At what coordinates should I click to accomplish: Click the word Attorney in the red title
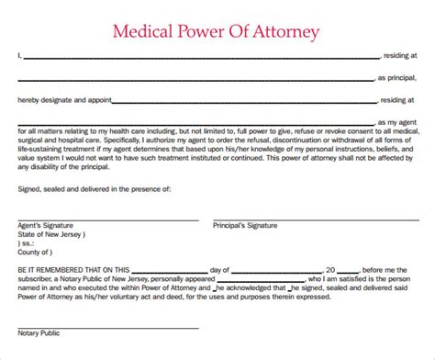click(x=284, y=32)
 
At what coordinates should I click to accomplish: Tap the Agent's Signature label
click(x=45, y=224)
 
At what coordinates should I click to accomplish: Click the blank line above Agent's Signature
click(x=106, y=219)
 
